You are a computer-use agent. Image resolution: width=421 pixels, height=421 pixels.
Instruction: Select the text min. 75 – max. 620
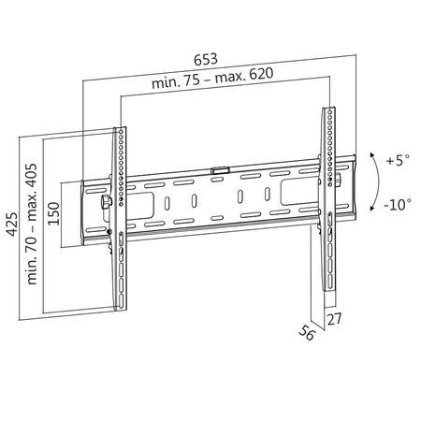tap(212, 84)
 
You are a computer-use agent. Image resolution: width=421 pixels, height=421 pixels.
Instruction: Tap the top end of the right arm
tap(330, 109)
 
